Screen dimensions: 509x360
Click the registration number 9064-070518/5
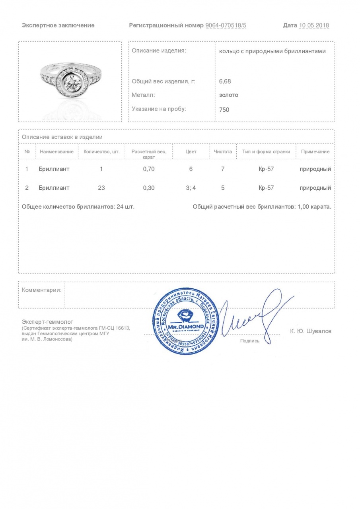pos(226,25)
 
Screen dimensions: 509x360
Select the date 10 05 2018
pos(314,25)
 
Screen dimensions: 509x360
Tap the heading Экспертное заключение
pos(58,25)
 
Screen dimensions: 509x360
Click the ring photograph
pos(70,82)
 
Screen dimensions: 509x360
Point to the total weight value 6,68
pos(225,81)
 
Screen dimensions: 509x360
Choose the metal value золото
pos(229,95)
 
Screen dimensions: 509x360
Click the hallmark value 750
pos(224,109)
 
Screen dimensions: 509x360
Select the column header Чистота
pos(223,152)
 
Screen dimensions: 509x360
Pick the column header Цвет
pos(191,152)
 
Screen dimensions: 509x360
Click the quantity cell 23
pos(101,188)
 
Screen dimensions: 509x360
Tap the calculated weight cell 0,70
pos(149,169)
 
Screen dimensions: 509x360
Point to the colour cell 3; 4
pos(191,188)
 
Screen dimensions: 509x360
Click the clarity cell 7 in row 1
pos(223,169)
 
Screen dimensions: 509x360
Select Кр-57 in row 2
pos(266,188)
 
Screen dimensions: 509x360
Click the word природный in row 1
pos(315,169)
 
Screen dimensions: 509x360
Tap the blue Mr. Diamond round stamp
pos(186,323)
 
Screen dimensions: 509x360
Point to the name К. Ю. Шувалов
pos(311,331)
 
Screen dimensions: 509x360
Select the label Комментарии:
pos(42,290)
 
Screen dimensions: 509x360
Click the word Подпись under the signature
pos(249,340)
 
